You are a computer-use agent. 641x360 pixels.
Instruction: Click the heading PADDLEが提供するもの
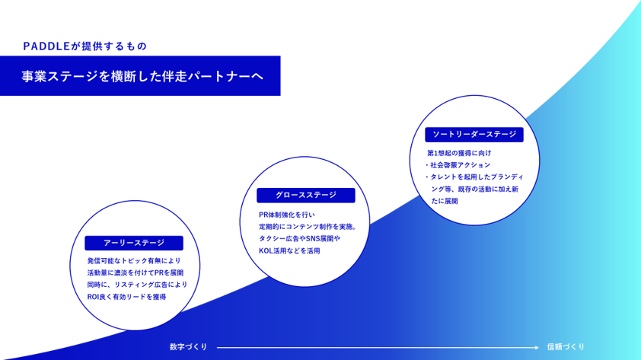(85, 46)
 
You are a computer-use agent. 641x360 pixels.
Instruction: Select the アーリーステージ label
(134, 243)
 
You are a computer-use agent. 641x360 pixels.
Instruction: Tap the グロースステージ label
(305, 195)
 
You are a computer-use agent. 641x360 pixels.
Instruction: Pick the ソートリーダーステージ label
(474, 135)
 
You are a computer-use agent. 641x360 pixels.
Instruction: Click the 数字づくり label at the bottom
(188, 347)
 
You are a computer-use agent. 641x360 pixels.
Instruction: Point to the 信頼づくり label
(566, 347)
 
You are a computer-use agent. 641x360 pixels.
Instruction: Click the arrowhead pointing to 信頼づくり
(537, 347)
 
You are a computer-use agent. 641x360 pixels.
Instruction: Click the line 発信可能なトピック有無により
(133, 260)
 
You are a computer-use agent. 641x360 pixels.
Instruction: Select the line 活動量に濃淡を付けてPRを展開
(135, 272)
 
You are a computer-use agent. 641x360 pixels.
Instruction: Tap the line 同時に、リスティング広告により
(137, 285)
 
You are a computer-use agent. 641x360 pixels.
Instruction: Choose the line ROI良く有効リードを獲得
(126, 297)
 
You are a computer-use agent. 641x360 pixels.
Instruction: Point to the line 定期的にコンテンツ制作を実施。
(308, 227)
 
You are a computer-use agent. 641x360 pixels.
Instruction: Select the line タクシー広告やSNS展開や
(299, 239)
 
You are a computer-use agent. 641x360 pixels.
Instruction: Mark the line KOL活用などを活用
(289, 251)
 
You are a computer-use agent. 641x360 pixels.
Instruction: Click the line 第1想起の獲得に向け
(461, 153)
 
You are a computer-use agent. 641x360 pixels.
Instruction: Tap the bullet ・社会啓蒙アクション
(458, 165)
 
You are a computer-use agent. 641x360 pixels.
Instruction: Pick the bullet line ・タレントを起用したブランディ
(471, 177)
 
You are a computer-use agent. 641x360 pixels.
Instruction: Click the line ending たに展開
(445, 202)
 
